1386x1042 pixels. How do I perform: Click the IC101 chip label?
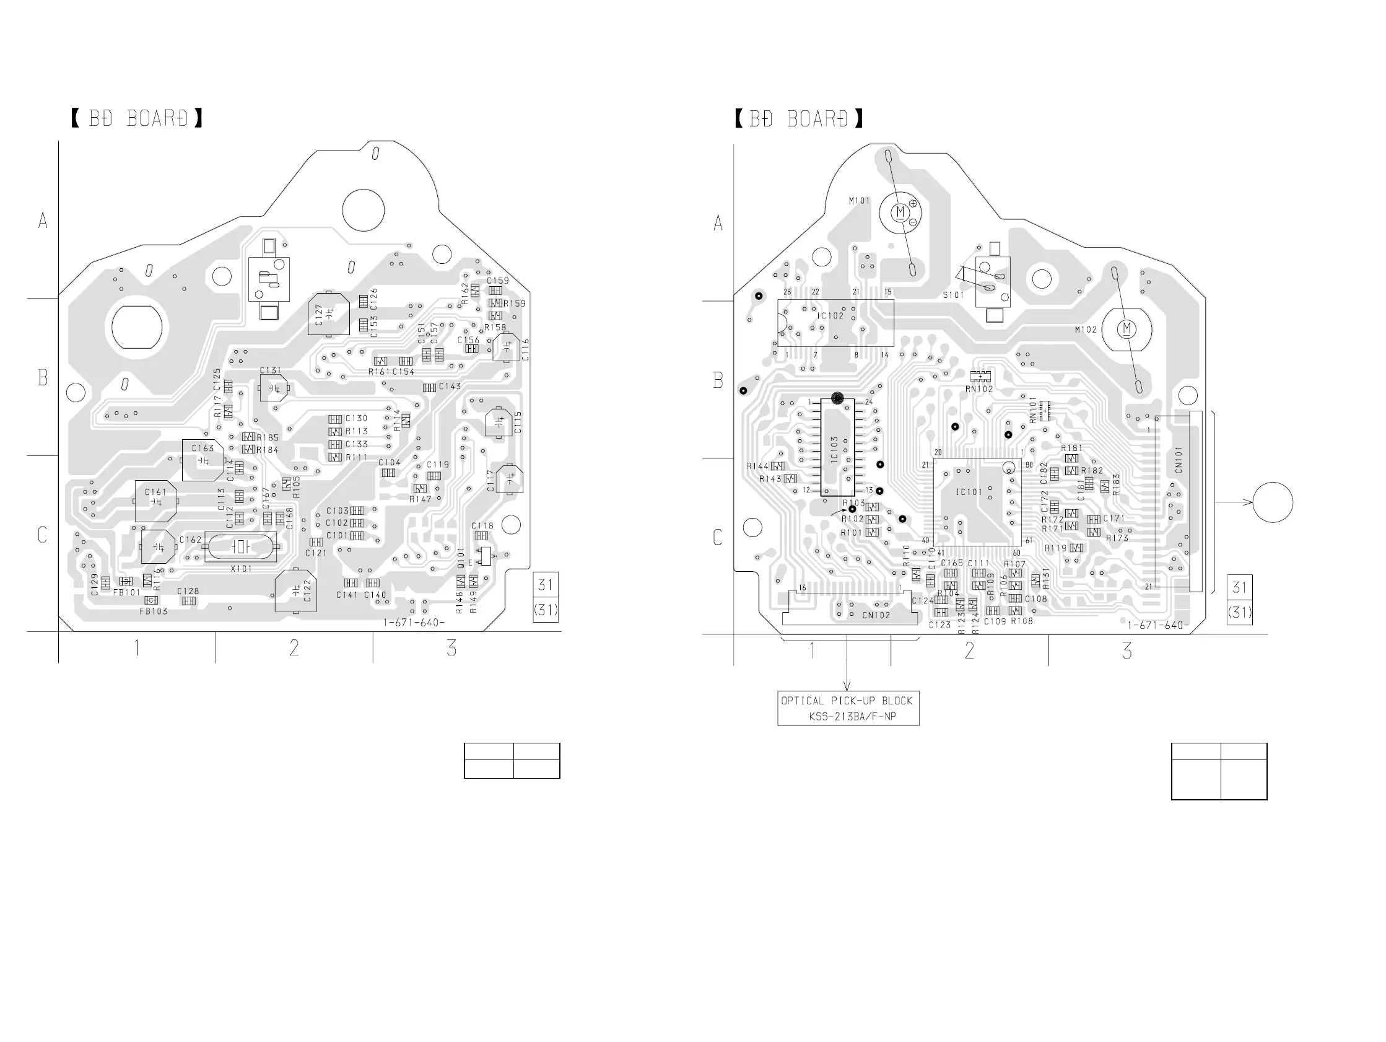[x=969, y=492]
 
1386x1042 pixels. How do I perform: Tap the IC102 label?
[x=830, y=315]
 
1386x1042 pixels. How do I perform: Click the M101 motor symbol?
[x=900, y=212]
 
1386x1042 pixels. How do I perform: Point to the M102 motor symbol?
[x=1127, y=329]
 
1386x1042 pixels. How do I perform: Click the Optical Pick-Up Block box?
[x=848, y=709]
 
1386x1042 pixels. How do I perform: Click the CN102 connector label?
[x=876, y=615]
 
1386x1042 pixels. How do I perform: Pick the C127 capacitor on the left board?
[x=328, y=313]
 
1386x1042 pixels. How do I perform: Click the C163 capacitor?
[x=203, y=460]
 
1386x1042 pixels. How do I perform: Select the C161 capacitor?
[x=155, y=501]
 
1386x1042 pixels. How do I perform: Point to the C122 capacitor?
[x=296, y=591]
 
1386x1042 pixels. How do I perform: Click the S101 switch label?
[x=953, y=295]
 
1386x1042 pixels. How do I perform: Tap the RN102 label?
[x=978, y=388]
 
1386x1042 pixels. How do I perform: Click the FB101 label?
[x=126, y=592]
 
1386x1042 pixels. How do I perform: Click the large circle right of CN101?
[x=1273, y=502]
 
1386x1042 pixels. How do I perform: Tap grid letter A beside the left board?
[x=43, y=220]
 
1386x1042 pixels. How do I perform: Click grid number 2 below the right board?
[x=969, y=650]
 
